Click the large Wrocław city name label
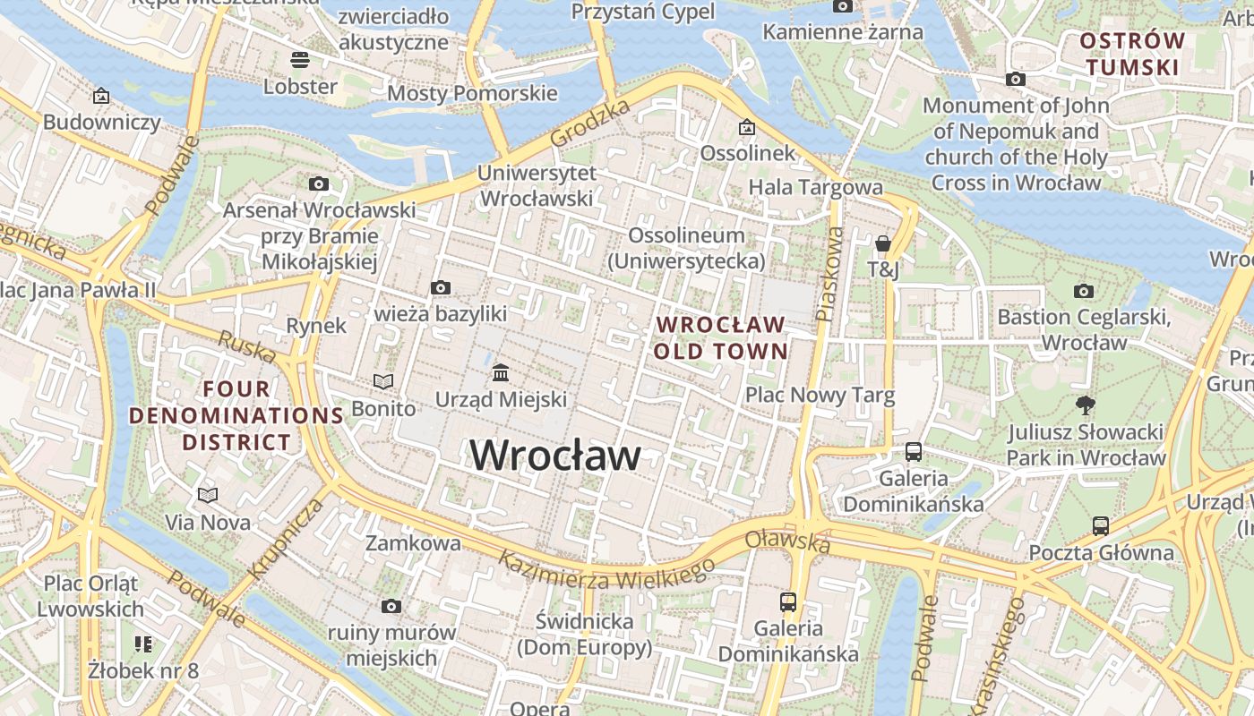coord(555,456)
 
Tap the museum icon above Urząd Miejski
coord(501,372)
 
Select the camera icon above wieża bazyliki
coord(440,288)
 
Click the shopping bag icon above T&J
coord(883,243)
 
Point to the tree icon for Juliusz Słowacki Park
coord(1086,405)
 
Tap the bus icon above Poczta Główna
coord(1100,526)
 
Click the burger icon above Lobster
coord(300,60)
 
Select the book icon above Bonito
coord(383,382)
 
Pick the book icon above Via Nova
coord(208,495)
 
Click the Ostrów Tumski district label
coord(1131,54)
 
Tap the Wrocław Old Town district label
coord(720,337)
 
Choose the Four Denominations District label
coord(236,415)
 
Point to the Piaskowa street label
coord(830,274)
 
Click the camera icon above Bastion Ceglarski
coord(1083,291)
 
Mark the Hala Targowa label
coord(815,187)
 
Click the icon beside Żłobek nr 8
coord(143,644)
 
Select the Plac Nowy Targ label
coord(820,395)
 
